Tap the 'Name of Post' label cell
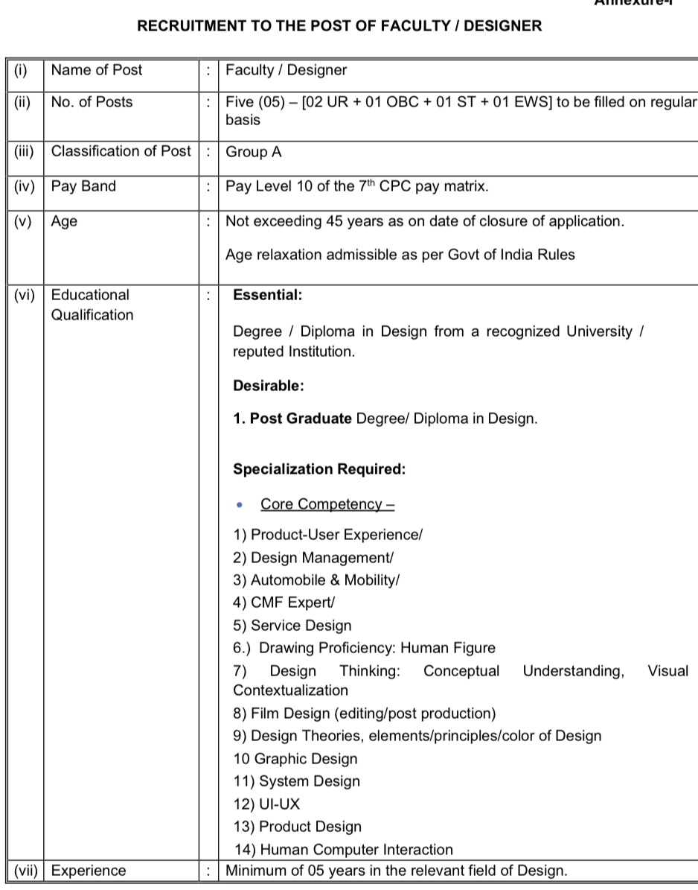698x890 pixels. (97, 71)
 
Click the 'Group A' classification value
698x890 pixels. (254, 152)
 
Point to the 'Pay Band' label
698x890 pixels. (83, 186)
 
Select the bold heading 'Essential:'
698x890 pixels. (268, 295)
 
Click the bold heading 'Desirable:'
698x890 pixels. (269, 386)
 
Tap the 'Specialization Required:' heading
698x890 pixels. (319, 469)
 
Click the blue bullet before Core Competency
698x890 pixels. (239, 505)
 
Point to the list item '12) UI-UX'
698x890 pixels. (266, 804)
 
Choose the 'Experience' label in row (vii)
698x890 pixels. (89, 871)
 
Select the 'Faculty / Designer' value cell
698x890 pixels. (286, 71)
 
